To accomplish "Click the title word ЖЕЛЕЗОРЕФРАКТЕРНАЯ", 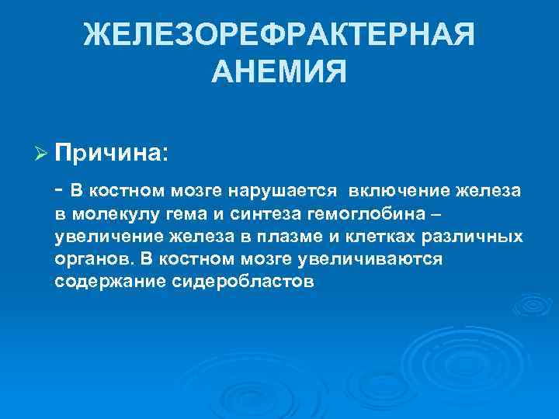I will (x=279, y=34).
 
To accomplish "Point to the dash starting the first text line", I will (x=59, y=190).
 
